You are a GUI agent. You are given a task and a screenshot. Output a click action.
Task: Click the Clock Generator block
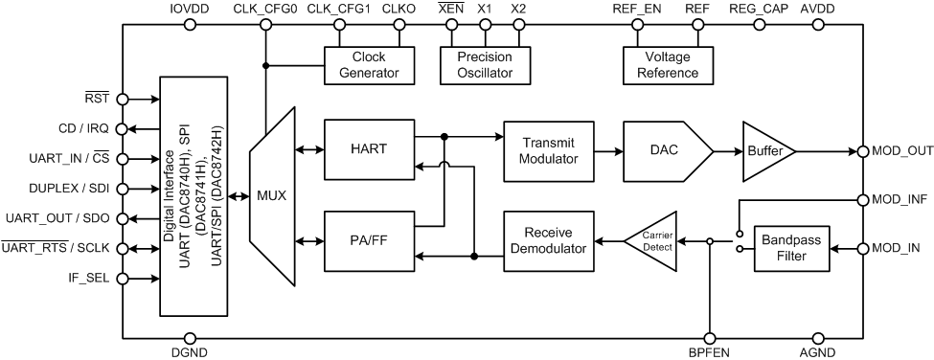pos(369,65)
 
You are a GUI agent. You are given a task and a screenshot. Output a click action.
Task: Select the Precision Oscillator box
pos(484,65)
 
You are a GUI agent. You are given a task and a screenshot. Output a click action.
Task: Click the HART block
pos(369,149)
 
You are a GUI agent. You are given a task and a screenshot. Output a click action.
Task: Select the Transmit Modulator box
pos(548,149)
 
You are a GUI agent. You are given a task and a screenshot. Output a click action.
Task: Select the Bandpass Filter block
pos(790,249)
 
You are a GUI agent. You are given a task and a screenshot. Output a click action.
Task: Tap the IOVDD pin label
pos(188,9)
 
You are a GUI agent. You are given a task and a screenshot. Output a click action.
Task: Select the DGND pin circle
pos(189,337)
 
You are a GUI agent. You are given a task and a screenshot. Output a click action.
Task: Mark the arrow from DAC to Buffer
pos(727,150)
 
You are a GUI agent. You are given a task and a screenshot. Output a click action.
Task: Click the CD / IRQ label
pos(82,128)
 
